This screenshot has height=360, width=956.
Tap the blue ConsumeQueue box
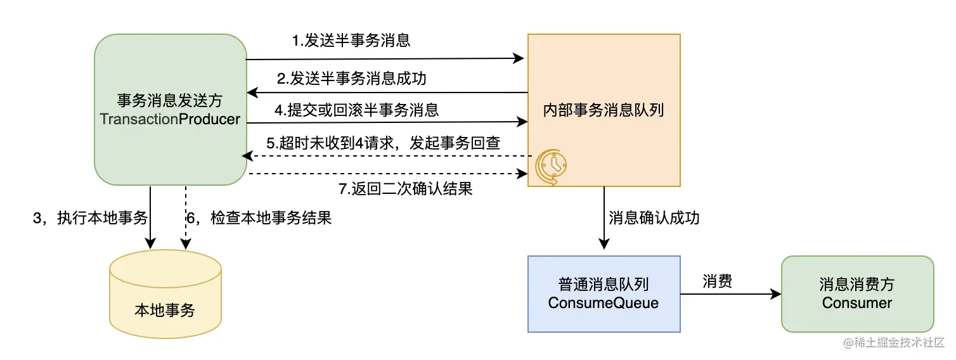click(x=604, y=293)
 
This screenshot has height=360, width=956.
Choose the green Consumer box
click(x=857, y=293)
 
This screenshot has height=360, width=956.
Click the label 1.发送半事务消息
click(x=351, y=41)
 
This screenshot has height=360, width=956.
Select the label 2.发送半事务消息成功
click(x=351, y=79)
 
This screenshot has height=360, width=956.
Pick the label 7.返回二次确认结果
click(x=406, y=188)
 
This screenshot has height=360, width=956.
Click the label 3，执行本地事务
click(x=90, y=219)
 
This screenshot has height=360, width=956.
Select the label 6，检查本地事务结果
click(x=259, y=219)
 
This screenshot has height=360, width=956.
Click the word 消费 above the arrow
click(x=717, y=281)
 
